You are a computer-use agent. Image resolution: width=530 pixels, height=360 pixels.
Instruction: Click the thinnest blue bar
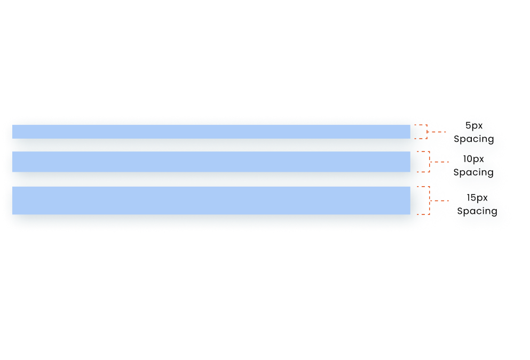pos(211,132)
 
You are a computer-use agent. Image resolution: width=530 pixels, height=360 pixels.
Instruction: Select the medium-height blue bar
pos(211,162)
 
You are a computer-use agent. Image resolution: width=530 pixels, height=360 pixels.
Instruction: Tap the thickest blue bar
pos(211,201)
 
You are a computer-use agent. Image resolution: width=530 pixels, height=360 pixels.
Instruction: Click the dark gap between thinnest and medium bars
pos(211,145)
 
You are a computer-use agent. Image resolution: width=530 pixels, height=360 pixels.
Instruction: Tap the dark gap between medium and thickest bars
pos(211,179)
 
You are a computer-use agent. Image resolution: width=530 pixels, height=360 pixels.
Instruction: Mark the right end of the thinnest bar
pos(408,132)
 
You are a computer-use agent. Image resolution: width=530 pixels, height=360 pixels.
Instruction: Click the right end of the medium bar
pos(408,162)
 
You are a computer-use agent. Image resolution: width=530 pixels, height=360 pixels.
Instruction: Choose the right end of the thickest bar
pos(408,201)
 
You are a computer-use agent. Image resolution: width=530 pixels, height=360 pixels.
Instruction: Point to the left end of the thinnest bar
pos(14,132)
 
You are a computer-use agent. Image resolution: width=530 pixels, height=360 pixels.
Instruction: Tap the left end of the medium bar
pos(14,162)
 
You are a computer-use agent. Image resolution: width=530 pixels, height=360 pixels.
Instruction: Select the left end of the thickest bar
pos(14,201)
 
